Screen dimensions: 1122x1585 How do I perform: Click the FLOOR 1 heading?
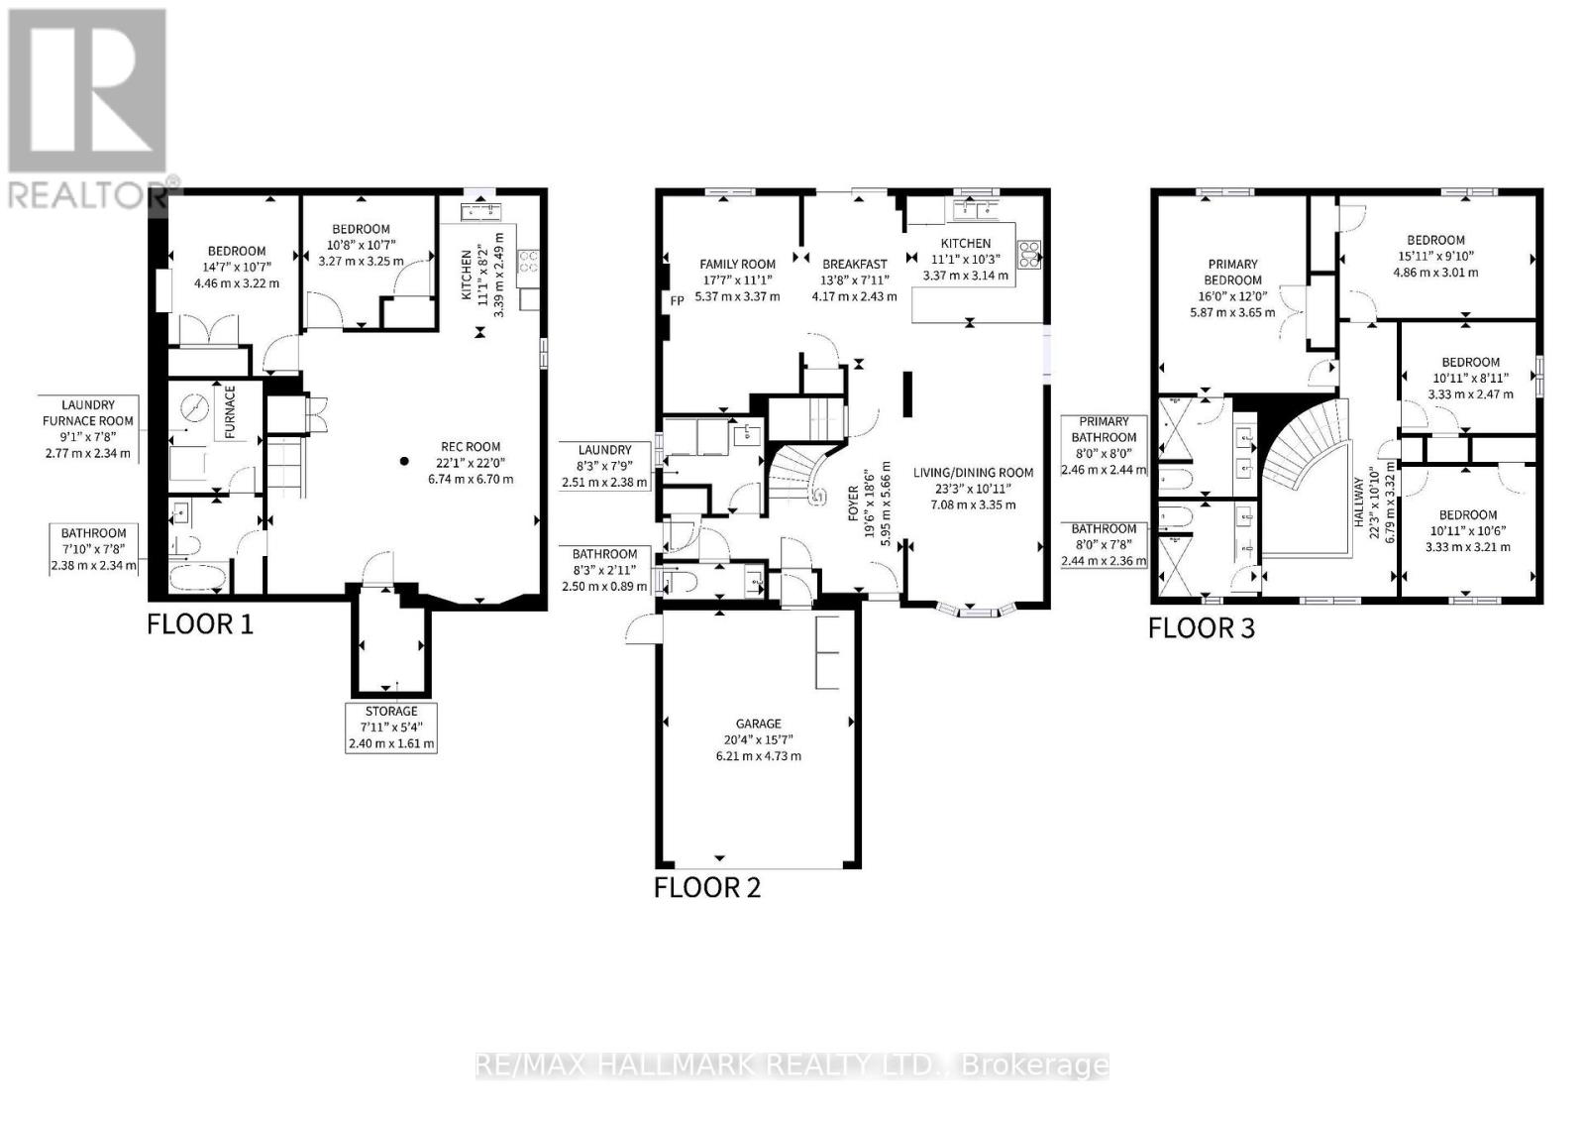point(200,624)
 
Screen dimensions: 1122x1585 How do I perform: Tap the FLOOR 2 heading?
point(706,887)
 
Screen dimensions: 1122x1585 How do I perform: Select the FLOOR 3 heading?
point(1201,628)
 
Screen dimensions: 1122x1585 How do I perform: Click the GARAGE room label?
point(758,724)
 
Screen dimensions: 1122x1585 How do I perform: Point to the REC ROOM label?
point(471,447)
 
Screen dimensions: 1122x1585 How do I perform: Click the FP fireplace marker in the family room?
point(677,299)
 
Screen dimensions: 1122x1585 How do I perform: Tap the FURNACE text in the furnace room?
point(230,412)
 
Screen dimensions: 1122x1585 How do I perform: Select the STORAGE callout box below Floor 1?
point(391,727)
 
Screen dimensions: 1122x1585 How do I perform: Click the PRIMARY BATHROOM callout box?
point(1104,445)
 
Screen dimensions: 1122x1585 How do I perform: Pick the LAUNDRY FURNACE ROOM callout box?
point(88,428)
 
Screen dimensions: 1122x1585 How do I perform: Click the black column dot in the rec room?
point(403,461)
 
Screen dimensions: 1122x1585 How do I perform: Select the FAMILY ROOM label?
point(737,264)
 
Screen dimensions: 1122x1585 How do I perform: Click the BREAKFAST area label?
point(854,264)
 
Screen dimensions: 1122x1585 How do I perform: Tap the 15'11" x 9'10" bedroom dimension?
point(1435,256)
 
